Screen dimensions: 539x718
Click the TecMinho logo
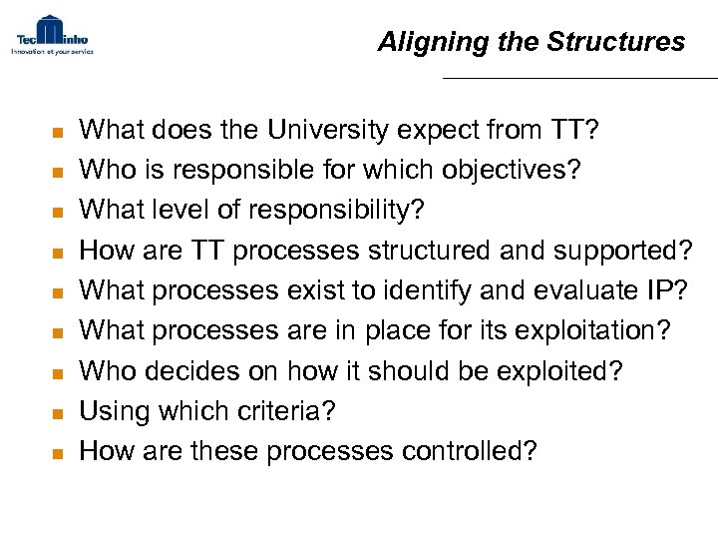coord(52,35)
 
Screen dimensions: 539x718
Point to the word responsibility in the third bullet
coord(335,211)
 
